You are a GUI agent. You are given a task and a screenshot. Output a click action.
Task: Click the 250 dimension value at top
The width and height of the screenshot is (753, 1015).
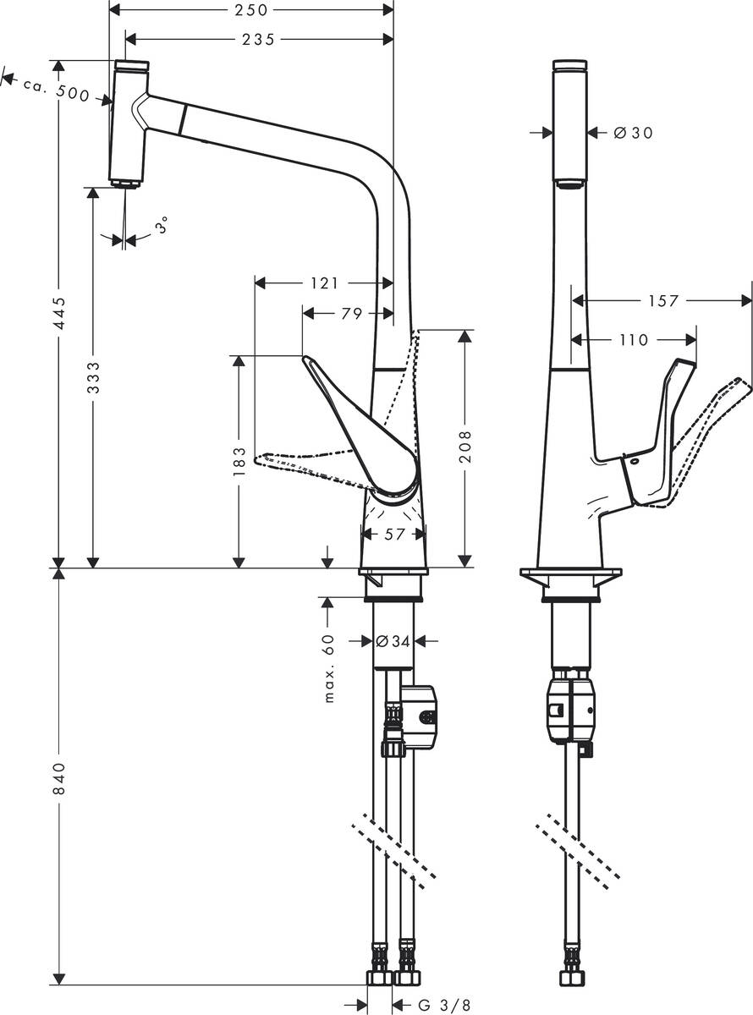click(x=251, y=10)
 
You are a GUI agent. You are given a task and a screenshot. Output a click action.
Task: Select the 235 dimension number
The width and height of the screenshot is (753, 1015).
click(x=258, y=40)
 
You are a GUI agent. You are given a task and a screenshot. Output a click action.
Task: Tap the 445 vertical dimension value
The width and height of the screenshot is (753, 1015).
click(x=58, y=314)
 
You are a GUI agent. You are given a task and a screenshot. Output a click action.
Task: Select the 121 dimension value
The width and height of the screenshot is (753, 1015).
click(x=323, y=283)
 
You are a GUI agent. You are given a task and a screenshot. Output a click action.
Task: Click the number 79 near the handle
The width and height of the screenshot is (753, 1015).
click(x=351, y=315)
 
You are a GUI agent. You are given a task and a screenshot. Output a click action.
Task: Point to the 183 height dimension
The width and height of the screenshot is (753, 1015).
click(x=239, y=462)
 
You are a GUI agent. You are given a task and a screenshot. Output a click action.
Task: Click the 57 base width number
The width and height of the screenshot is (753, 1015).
click(x=393, y=534)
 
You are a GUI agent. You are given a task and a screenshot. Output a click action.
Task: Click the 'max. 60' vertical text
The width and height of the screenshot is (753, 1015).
click(x=329, y=668)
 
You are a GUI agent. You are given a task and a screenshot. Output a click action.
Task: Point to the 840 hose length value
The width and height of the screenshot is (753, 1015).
click(x=58, y=778)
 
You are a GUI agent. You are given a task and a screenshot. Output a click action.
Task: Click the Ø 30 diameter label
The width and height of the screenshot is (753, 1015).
click(x=633, y=133)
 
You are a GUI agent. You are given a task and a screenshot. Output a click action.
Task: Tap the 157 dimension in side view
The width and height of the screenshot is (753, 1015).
click(x=662, y=301)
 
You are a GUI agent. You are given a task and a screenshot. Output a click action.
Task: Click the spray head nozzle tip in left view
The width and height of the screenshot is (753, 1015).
click(x=125, y=184)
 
